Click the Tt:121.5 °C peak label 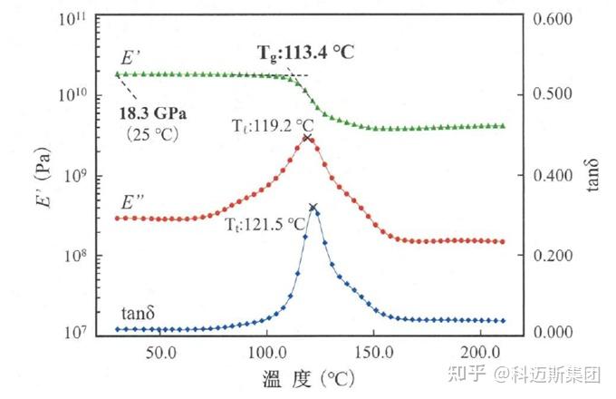266,223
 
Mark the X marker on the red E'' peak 307,139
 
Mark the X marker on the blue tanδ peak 313,208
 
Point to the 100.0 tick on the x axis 266,350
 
